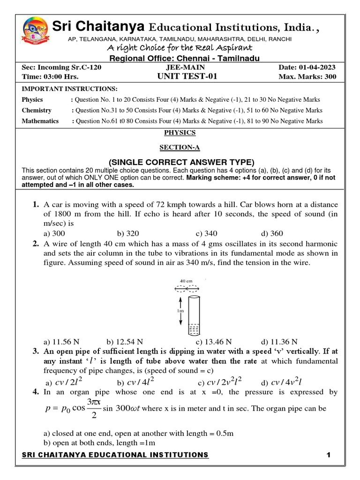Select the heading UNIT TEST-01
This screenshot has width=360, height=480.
pos(187,77)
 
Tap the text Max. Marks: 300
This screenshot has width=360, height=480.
pos(307,77)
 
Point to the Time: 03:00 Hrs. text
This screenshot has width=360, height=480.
pos(50,77)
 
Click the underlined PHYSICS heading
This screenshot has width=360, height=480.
pos(180,133)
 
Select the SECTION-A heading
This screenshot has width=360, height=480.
pos(180,148)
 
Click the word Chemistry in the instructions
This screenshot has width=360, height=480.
pos(37,110)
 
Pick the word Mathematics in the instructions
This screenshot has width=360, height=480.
pos(40,121)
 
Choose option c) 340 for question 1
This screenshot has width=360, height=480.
pos(207,233)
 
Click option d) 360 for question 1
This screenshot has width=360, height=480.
pos(272,233)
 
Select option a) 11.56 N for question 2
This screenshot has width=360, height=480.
pos(60,342)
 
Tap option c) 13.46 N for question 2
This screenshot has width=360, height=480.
pos(214,342)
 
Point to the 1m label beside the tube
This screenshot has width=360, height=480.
pos(180,310)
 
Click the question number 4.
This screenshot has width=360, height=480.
pos(36,392)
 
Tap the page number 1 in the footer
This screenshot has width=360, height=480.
pos(329,455)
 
